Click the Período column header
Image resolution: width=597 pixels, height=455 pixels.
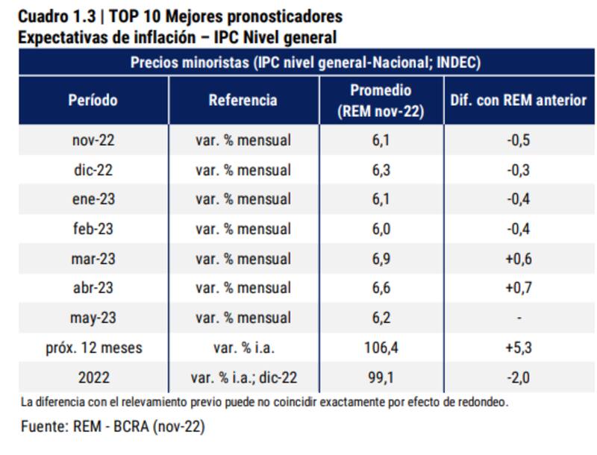tap(93, 101)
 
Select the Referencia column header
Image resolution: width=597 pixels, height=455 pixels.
tap(243, 101)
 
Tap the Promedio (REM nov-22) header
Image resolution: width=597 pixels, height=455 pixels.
tap(381, 101)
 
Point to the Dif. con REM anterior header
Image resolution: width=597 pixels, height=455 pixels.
tap(519, 101)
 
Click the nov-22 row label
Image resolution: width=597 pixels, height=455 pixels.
tap(93, 140)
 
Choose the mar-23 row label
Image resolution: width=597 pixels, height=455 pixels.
tap(93, 259)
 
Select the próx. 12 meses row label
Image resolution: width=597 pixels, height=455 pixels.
tap(93, 348)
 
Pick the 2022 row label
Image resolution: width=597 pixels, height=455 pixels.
tap(93, 378)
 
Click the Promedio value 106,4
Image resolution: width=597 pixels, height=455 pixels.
tap(381, 348)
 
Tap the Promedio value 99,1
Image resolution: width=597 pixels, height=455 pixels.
tap(381, 378)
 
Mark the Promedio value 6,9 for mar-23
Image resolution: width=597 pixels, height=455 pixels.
tap(381, 259)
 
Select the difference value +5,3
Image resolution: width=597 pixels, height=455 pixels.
tap(519, 348)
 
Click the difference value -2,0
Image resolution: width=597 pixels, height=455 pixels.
tap(519, 378)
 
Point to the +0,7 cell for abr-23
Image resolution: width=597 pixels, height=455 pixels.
tap(519, 289)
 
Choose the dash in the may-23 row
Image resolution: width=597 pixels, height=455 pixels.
tap(519, 318)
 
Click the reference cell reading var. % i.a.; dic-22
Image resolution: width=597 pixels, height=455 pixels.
tap(243, 378)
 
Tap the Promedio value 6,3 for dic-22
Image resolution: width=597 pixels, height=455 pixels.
tap(381, 170)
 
